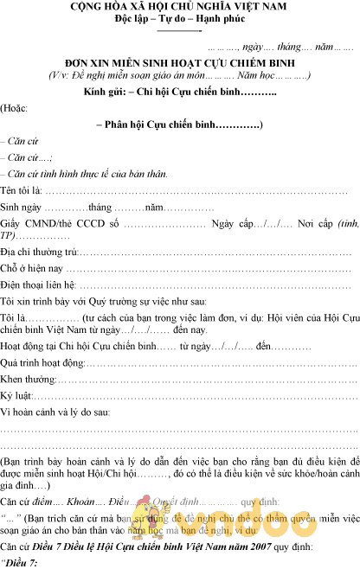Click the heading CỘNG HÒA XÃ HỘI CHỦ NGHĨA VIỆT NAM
point(179,8)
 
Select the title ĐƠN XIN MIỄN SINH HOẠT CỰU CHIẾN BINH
point(180,63)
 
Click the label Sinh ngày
point(22,208)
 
